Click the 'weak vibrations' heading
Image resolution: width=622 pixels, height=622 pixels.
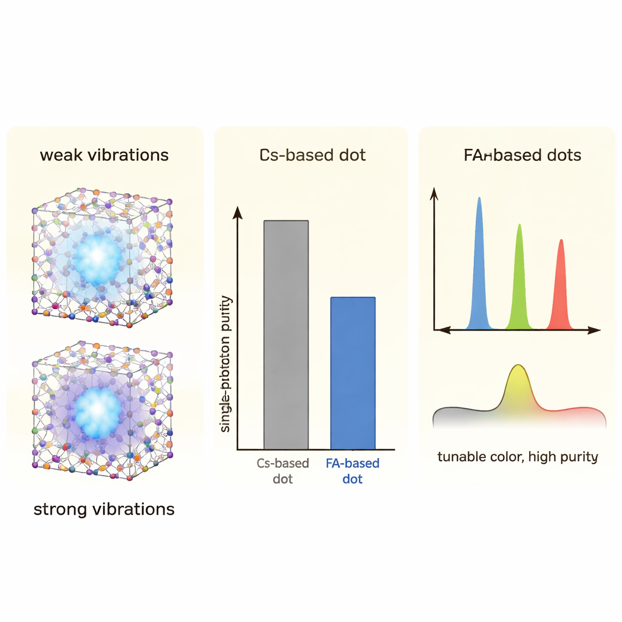(x=104, y=155)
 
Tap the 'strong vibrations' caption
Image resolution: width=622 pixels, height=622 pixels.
(x=104, y=509)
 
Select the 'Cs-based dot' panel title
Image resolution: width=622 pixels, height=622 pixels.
(x=312, y=155)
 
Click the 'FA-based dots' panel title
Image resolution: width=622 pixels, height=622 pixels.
(x=522, y=155)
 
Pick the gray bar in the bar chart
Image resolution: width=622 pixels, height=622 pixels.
(x=285, y=334)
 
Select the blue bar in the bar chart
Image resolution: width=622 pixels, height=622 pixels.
(x=352, y=373)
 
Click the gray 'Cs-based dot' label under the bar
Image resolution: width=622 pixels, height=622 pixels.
(x=282, y=471)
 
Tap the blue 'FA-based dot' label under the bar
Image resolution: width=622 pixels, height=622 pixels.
(x=352, y=471)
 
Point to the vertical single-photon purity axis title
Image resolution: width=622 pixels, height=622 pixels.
(x=227, y=364)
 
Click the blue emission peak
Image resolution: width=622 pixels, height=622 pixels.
(x=480, y=267)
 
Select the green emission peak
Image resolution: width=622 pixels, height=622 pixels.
(x=519, y=279)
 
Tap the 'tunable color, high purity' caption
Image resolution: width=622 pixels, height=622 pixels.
(x=518, y=457)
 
